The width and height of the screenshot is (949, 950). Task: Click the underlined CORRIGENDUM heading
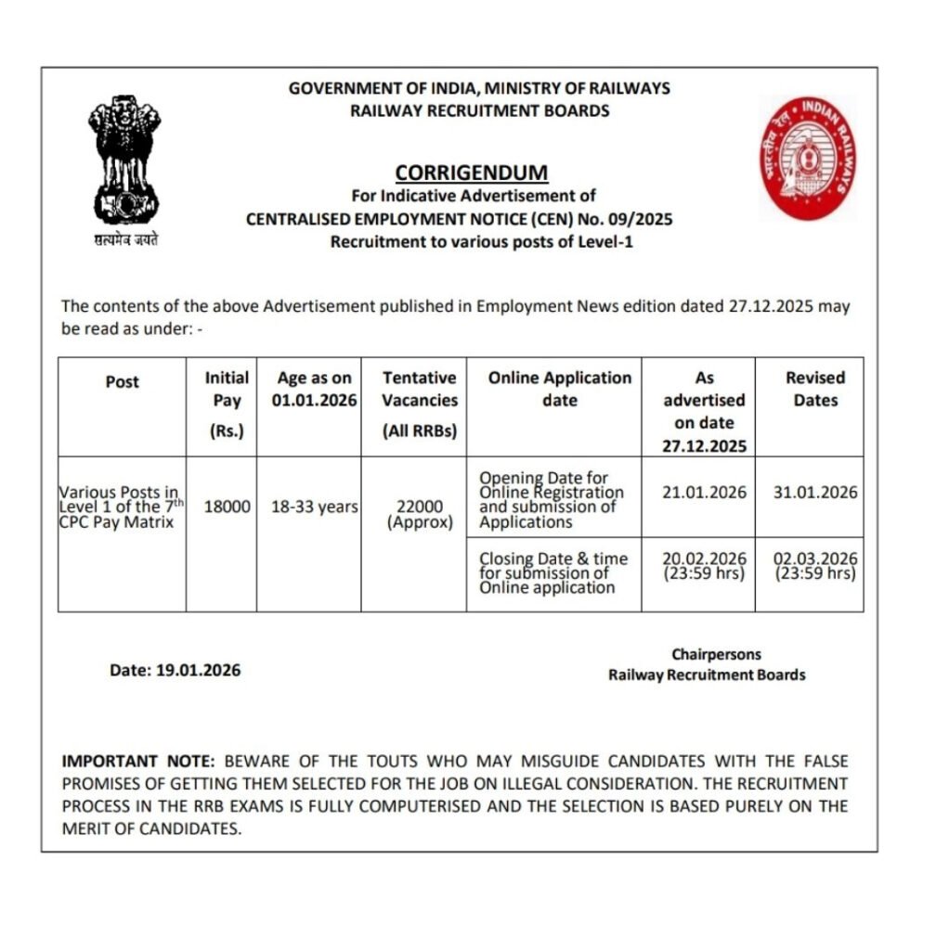tap(472, 173)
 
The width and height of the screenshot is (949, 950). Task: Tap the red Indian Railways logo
tap(808, 157)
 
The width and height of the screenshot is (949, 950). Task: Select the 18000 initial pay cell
tap(221, 507)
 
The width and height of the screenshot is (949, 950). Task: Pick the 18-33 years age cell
tap(309, 507)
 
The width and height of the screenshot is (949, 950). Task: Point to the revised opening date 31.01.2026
tap(815, 493)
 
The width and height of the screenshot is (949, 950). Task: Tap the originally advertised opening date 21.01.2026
tap(704, 493)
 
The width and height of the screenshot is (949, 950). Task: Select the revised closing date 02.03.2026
tap(815, 558)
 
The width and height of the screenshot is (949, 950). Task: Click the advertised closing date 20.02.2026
tap(704, 558)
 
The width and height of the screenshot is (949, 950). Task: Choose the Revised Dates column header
tap(815, 389)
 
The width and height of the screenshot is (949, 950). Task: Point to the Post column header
tap(122, 381)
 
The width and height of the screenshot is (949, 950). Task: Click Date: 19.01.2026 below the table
tap(175, 670)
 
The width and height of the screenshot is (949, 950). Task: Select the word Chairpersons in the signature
tap(716, 654)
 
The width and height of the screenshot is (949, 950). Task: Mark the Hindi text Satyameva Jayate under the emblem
tap(125, 239)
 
